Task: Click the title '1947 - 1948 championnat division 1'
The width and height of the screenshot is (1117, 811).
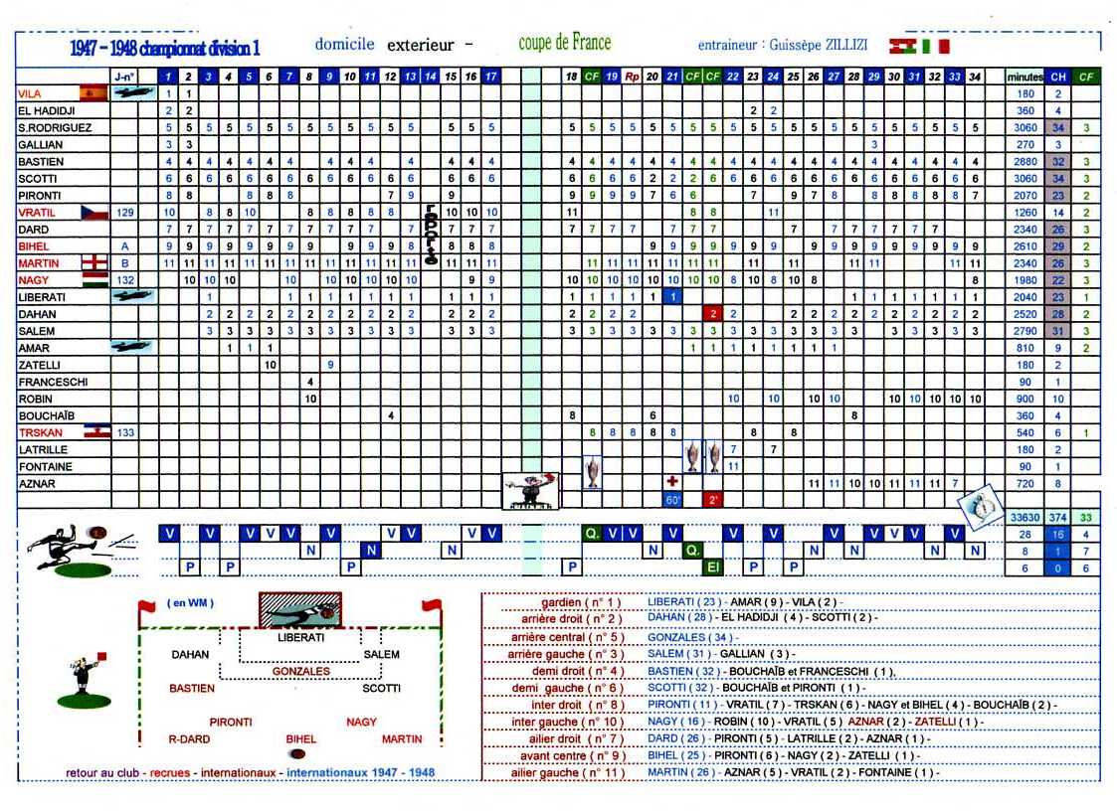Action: point(166,48)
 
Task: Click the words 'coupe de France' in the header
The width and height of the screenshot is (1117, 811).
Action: point(564,43)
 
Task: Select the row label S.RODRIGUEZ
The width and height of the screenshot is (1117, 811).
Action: point(56,128)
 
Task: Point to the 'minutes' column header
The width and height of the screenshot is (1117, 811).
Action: point(1024,77)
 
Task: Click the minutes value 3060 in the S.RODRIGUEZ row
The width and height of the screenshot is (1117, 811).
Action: point(1024,128)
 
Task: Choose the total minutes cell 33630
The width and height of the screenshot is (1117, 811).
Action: point(1024,518)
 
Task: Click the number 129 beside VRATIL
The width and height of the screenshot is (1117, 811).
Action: point(125,213)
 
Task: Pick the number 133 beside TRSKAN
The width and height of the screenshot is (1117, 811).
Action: point(125,433)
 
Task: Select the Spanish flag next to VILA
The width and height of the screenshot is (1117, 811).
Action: point(93,93)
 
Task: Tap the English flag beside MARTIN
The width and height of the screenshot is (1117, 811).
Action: point(93,263)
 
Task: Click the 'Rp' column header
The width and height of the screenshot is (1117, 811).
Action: point(633,77)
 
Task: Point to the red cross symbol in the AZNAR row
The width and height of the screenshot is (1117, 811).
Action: point(672,481)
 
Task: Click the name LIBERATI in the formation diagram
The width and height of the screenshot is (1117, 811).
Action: point(300,637)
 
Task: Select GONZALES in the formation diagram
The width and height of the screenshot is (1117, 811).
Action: point(300,672)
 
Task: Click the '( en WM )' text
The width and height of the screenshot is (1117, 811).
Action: point(191,602)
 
